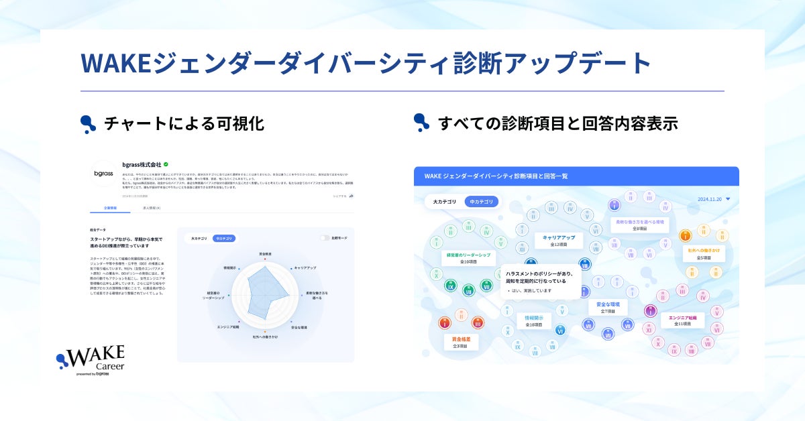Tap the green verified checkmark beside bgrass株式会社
point(166,164)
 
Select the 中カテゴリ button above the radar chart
point(223,238)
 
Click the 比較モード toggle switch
point(325,238)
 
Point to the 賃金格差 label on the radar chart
point(265,254)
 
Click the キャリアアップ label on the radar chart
point(305,267)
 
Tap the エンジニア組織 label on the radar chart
point(229,326)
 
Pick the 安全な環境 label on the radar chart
point(299,327)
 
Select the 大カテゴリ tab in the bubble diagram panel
point(445,201)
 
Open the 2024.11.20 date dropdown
point(713,199)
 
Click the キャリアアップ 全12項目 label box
point(559,241)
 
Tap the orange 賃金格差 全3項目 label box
point(460,342)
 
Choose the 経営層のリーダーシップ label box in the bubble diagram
point(469,258)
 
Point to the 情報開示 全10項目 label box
point(534,321)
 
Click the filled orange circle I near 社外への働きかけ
point(685,236)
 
